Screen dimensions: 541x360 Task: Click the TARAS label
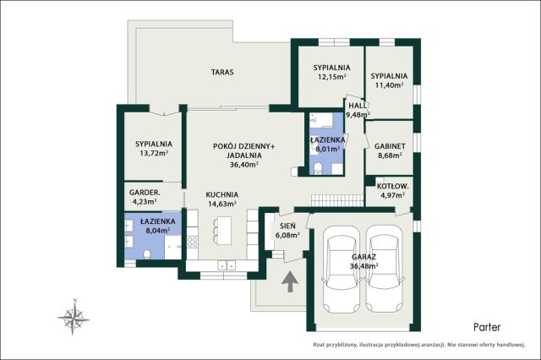222,72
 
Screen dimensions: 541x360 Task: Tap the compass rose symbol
74,317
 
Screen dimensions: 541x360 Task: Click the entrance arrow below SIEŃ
290,281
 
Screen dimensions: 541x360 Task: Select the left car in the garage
342,270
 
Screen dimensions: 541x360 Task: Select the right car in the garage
384,270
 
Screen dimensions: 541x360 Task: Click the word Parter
487,327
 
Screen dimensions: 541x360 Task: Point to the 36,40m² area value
244,165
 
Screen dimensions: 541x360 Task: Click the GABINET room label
390,146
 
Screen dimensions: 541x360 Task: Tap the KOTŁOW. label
392,187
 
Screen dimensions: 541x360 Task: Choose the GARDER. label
145,193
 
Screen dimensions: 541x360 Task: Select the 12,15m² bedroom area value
331,77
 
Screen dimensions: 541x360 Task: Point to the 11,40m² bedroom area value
389,85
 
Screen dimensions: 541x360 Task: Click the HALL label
358,106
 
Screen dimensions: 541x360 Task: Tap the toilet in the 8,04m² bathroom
146,254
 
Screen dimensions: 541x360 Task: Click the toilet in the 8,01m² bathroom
318,169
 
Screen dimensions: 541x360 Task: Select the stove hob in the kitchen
192,242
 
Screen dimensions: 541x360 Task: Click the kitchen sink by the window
227,265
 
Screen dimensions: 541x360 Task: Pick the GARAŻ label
364,257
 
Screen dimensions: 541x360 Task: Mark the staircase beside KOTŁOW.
338,200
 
